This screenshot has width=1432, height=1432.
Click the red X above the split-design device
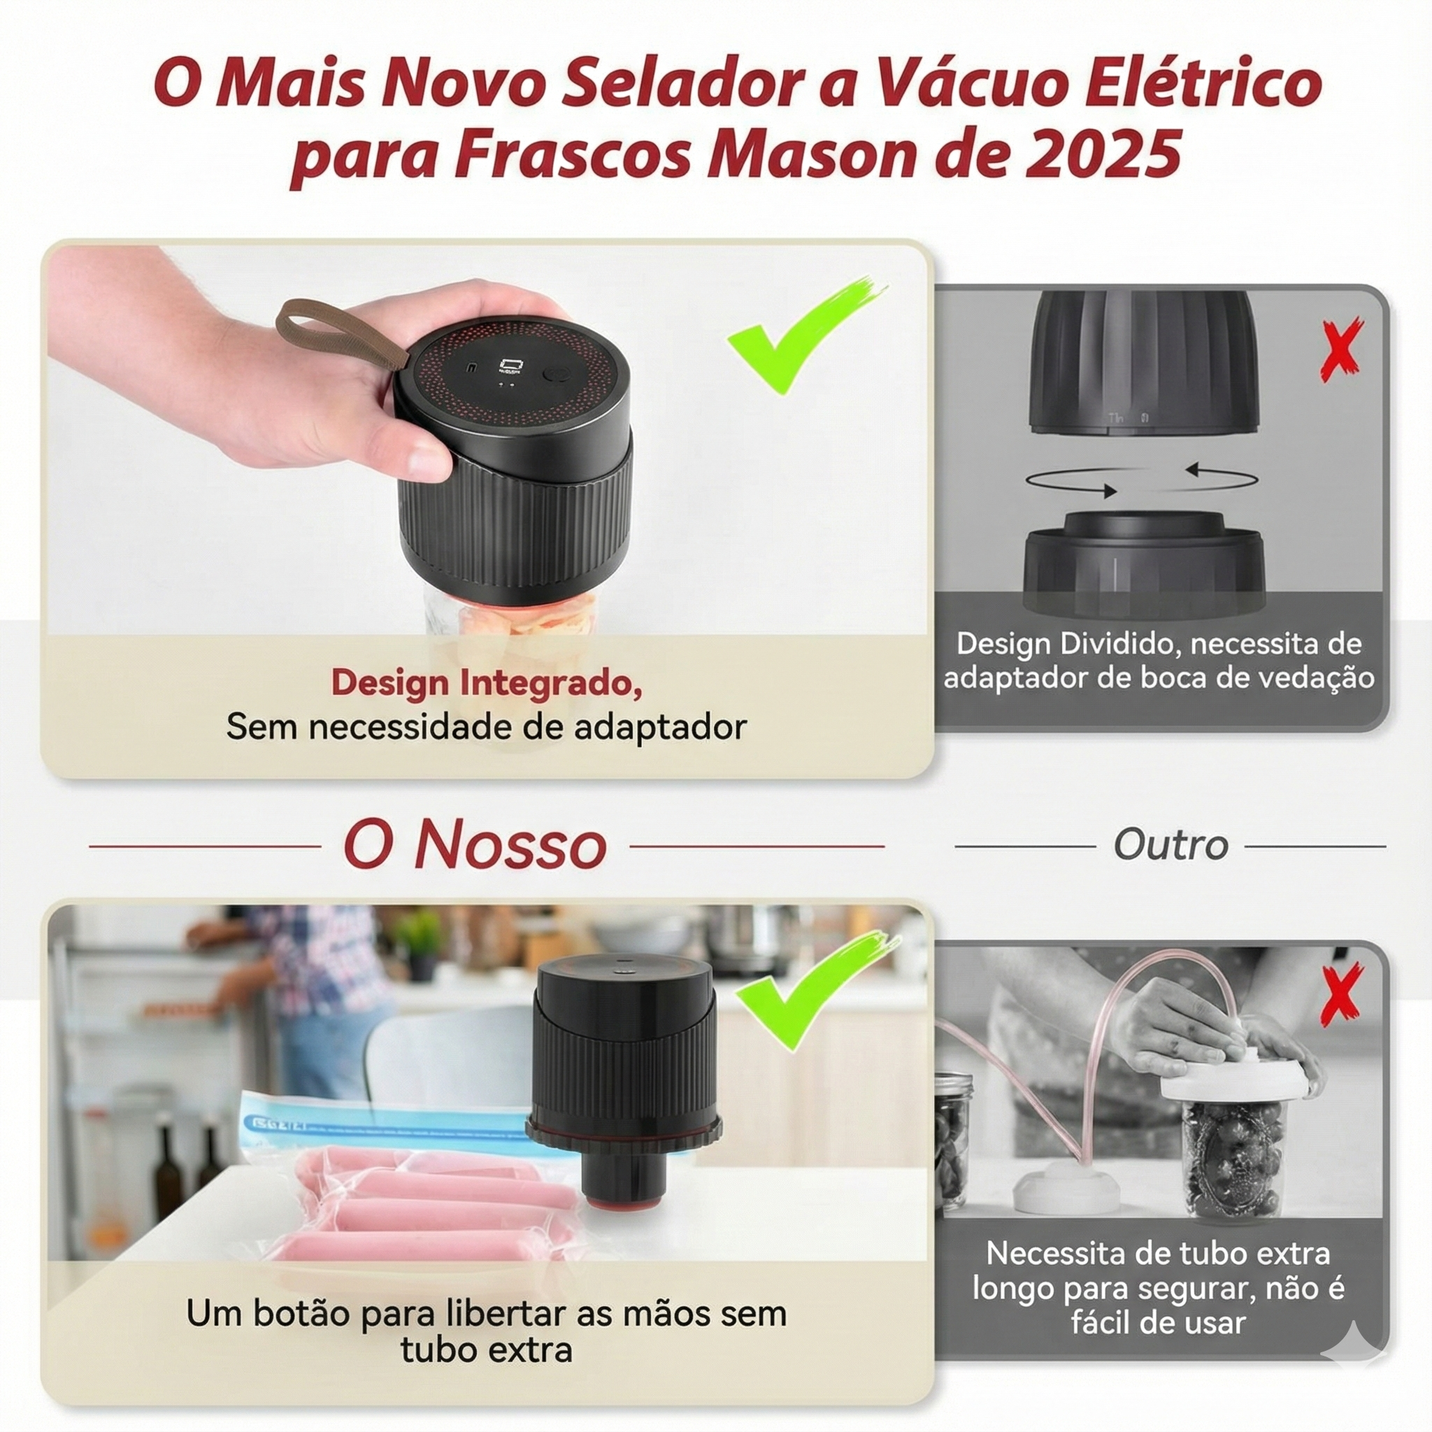point(1342,348)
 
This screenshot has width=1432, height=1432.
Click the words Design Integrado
point(486,682)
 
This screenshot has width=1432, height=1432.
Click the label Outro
point(1170,845)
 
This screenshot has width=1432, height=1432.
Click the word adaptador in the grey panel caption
point(1015,678)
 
